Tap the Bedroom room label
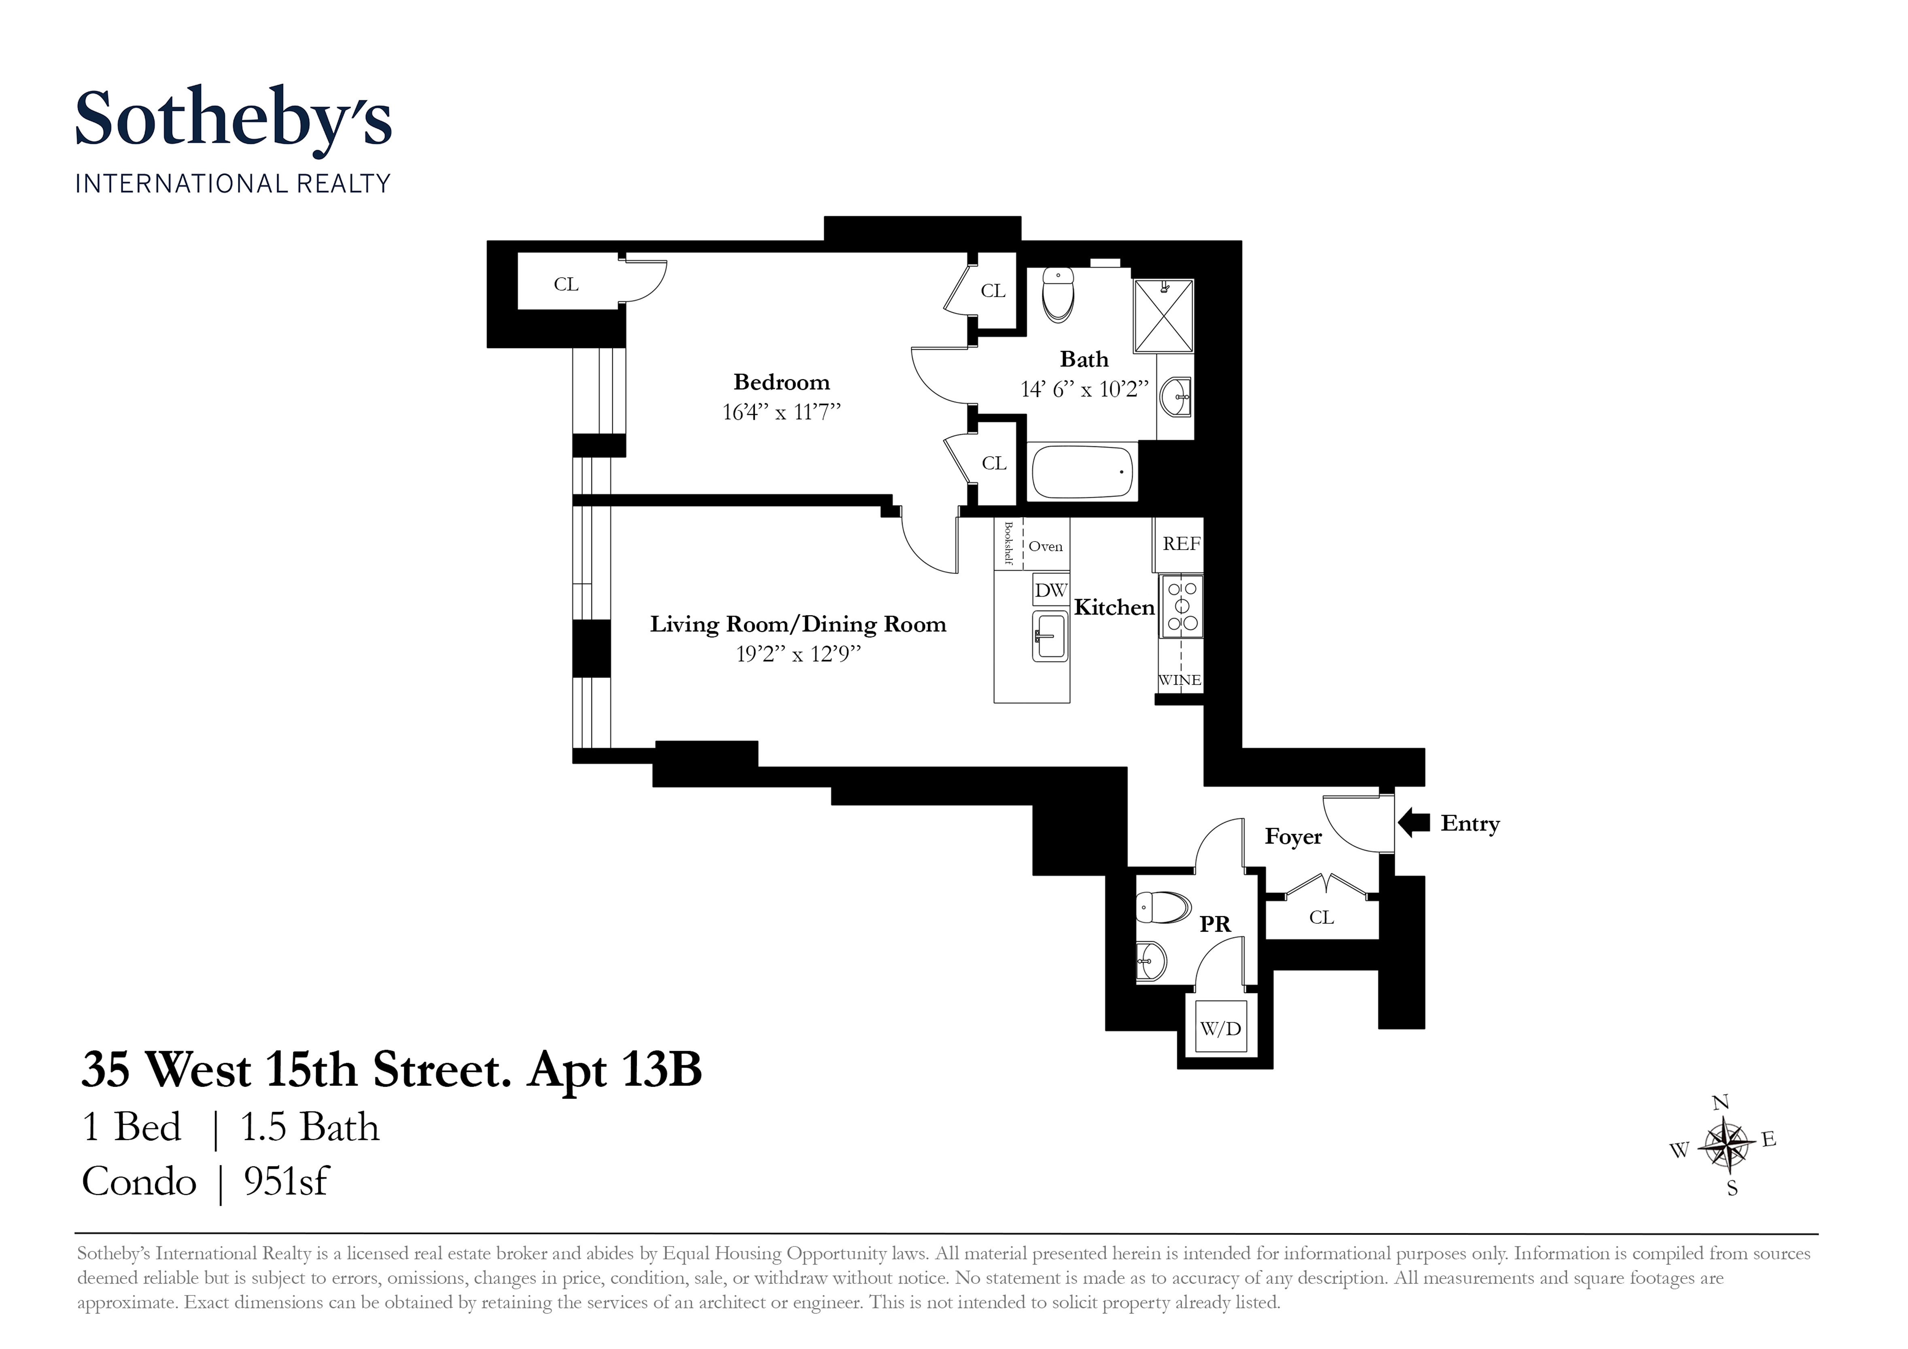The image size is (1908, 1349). (781, 382)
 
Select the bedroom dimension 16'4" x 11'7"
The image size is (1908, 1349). (781, 412)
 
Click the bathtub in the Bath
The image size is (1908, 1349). (1082, 472)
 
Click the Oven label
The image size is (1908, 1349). (1045, 546)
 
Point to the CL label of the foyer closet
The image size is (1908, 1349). (1321, 918)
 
